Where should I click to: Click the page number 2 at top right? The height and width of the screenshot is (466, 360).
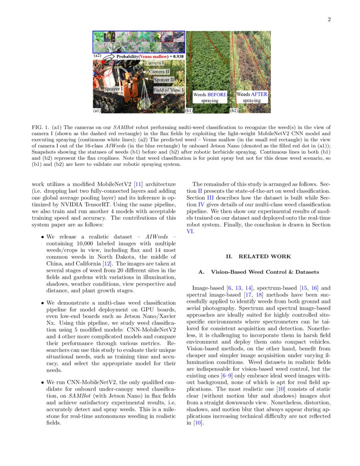coord(329,19)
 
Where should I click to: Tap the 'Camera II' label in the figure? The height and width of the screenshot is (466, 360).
coord(159,72)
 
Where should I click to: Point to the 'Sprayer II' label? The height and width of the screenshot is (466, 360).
coord(164,79)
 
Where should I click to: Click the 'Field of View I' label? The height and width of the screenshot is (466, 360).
coord(169,90)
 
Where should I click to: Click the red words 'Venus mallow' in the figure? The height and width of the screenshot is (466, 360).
coord(154,56)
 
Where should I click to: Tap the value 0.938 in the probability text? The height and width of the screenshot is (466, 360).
coord(178,56)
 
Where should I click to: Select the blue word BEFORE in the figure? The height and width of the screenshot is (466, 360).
coord(217,95)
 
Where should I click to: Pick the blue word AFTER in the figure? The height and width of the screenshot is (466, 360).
coord(259,94)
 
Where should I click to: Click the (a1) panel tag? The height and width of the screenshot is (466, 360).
coord(97,111)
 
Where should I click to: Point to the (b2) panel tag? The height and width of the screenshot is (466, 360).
coord(233,111)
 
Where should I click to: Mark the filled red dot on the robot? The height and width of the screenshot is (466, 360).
coord(102,62)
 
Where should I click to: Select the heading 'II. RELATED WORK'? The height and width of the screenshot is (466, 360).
coord(258,256)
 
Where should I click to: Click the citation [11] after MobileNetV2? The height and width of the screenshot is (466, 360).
coord(138,184)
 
